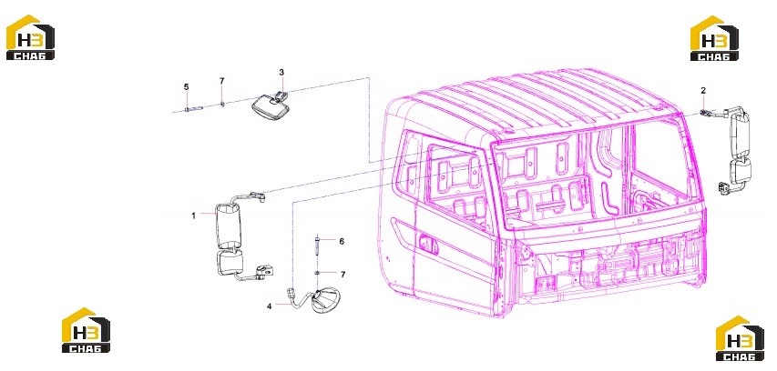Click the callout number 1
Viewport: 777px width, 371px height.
pyautogui.click(x=194, y=216)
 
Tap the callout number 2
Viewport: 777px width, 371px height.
pyautogui.click(x=702, y=91)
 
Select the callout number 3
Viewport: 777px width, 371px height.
pyautogui.click(x=281, y=73)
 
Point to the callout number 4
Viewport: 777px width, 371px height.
pyautogui.click(x=269, y=306)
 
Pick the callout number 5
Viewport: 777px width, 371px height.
pyautogui.click(x=187, y=87)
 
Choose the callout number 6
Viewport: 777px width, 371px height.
pyautogui.click(x=342, y=241)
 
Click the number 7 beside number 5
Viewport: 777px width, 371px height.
pyautogui.click(x=222, y=81)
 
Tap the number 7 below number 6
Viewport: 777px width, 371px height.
pyautogui.click(x=342, y=274)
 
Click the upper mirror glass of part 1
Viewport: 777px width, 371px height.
pyautogui.click(x=229, y=226)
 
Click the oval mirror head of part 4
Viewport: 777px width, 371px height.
pyautogui.click(x=325, y=300)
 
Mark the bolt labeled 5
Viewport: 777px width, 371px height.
pyautogui.click(x=194, y=109)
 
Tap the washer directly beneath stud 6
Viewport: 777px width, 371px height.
pyautogui.click(x=317, y=273)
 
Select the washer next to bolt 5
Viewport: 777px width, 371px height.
pyautogui.click(x=222, y=105)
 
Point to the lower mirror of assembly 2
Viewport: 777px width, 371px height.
pyautogui.click(x=740, y=169)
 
